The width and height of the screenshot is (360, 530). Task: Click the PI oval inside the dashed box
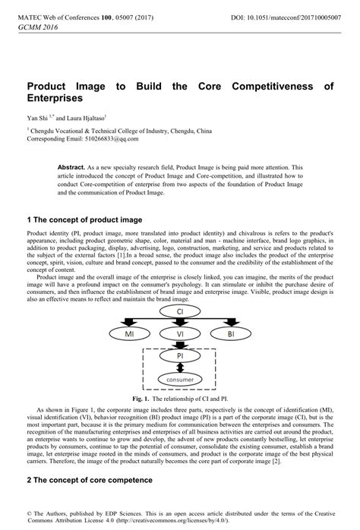pos(180,355)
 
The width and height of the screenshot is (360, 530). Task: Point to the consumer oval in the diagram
pos(180,379)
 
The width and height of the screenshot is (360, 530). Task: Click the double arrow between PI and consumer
pos(180,367)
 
